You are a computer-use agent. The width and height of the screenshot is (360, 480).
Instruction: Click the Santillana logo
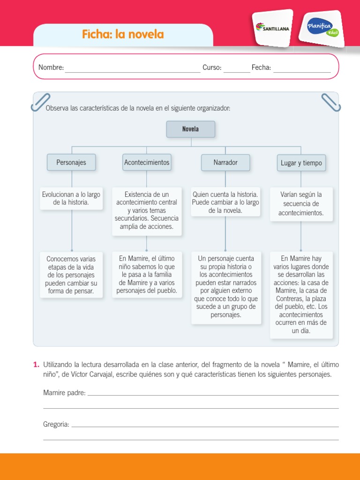pos(272,28)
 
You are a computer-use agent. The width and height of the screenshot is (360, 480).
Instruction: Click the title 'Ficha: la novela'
pos(123,34)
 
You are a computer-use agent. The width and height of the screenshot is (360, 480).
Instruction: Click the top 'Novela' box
pos(191,129)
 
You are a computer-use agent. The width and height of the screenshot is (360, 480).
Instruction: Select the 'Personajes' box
pos(71,163)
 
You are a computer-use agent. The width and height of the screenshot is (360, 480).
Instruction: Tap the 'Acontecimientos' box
pos(147,163)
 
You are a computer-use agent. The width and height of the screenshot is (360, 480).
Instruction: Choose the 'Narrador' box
pos(225,163)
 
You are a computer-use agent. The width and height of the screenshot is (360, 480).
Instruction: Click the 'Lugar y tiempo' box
pos(301,163)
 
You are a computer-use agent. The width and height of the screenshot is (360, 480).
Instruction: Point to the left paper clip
pos(40,102)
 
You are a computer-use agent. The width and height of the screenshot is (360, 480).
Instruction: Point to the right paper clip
pos(331,102)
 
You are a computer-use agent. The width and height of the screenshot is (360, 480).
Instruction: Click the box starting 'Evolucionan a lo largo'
pos(71,199)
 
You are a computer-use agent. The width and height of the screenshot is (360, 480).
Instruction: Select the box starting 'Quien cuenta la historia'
pos(225,202)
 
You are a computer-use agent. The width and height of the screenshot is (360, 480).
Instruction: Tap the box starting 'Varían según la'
pos(301,204)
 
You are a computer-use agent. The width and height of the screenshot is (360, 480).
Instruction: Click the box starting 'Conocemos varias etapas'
pos(71,275)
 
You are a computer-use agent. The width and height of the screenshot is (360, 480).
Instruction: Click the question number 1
pos(36,364)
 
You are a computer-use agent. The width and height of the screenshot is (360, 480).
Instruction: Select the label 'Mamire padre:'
pos(64,393)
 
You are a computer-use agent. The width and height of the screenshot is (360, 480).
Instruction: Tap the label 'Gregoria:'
pos(56,424)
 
